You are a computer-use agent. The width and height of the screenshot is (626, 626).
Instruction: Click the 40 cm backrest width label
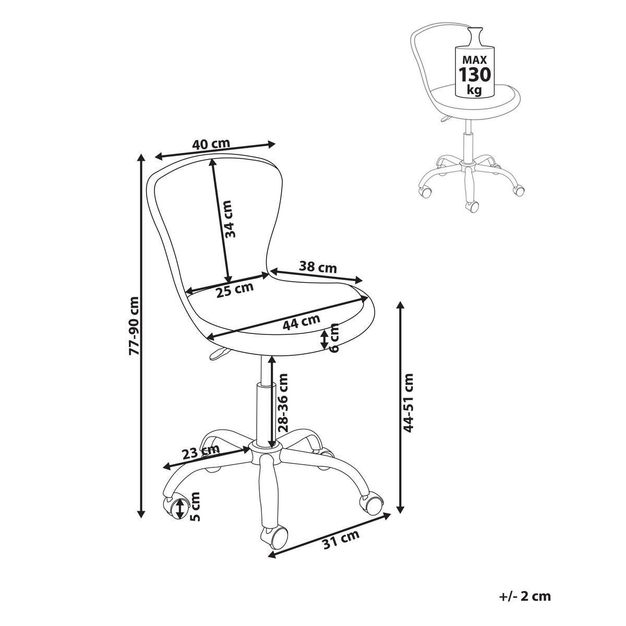click(x=211, y=145)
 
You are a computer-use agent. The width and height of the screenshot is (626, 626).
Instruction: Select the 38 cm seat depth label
click(x=318, y=268)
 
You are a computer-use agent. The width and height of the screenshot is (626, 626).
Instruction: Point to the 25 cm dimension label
click(x=235, y=289)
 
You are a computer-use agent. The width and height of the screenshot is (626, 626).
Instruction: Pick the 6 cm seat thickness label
click(x=334, y=338)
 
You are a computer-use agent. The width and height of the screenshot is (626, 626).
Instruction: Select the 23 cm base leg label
click(x=202, y=452)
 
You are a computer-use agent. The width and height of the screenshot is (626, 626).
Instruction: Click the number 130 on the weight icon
click(x=474, y=74)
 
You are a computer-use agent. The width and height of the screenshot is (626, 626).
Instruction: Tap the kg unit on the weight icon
click(x=474, y=90)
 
